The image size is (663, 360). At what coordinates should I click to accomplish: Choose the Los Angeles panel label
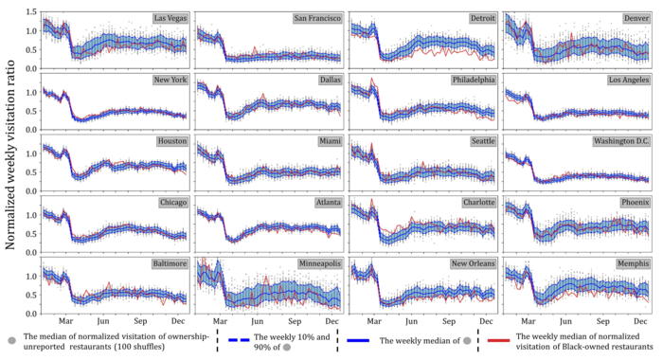[x=628, y=80]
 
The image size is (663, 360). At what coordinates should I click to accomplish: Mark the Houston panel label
[x=172, y=141]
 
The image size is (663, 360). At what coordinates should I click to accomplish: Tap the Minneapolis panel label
[x=320, y=263]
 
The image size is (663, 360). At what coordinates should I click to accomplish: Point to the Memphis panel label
[x=633, y=263]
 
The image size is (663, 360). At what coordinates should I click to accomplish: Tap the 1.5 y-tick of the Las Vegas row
[x=32, y=10]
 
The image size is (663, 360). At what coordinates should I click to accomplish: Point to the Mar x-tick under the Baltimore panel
[x=66, y=321]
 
